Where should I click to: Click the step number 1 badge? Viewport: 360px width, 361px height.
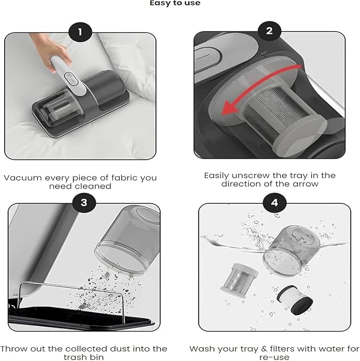pyautogui.click(x=80, y=32)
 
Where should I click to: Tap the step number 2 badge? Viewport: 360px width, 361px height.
pyautogui.click(x=269, y=31)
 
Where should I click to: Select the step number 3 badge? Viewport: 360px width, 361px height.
pyautogui.click(x=84, y=203)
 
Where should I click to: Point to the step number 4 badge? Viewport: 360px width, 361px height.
pyautogui.click(x=275, y=203)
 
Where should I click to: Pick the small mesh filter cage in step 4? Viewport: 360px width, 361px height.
pyautogui.click(x=239, y=280)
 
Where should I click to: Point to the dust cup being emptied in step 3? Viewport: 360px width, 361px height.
pyautogui.click(x=128, y=239)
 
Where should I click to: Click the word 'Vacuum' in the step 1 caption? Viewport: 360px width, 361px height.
pyautogui.click(x=23, y=178)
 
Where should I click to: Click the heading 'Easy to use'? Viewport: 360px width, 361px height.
pyautogui.click(x=175, y=3)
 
